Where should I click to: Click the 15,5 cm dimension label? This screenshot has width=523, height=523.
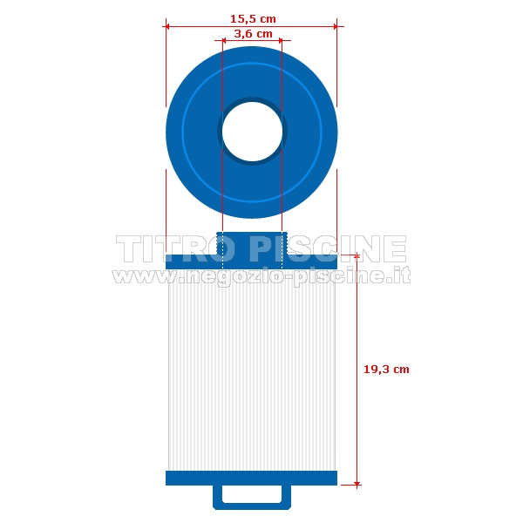(x=253, y=19)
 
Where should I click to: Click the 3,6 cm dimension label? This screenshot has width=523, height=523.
(x=253, y=34)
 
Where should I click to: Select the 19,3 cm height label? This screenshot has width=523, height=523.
(x=386, y=370)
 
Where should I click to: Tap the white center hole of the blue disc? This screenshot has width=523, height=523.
(x=252, y=131)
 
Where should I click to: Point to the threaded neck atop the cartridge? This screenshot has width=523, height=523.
(x=252, y=243)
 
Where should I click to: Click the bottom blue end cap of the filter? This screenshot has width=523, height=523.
(x=252, y=478)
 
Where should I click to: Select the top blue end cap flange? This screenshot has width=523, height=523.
(x=252, y=261)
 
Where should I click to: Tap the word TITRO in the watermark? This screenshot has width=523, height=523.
(x=175, y=248)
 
